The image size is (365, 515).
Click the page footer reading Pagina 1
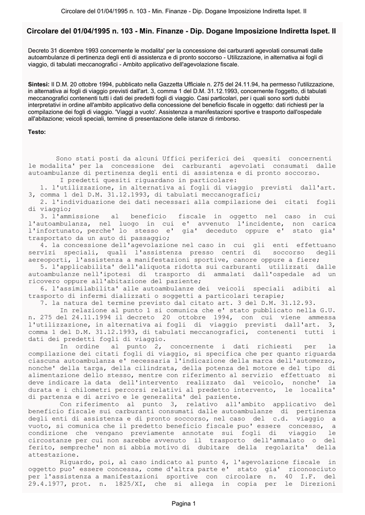coord(182,503)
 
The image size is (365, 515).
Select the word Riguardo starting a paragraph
coord(77,462)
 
